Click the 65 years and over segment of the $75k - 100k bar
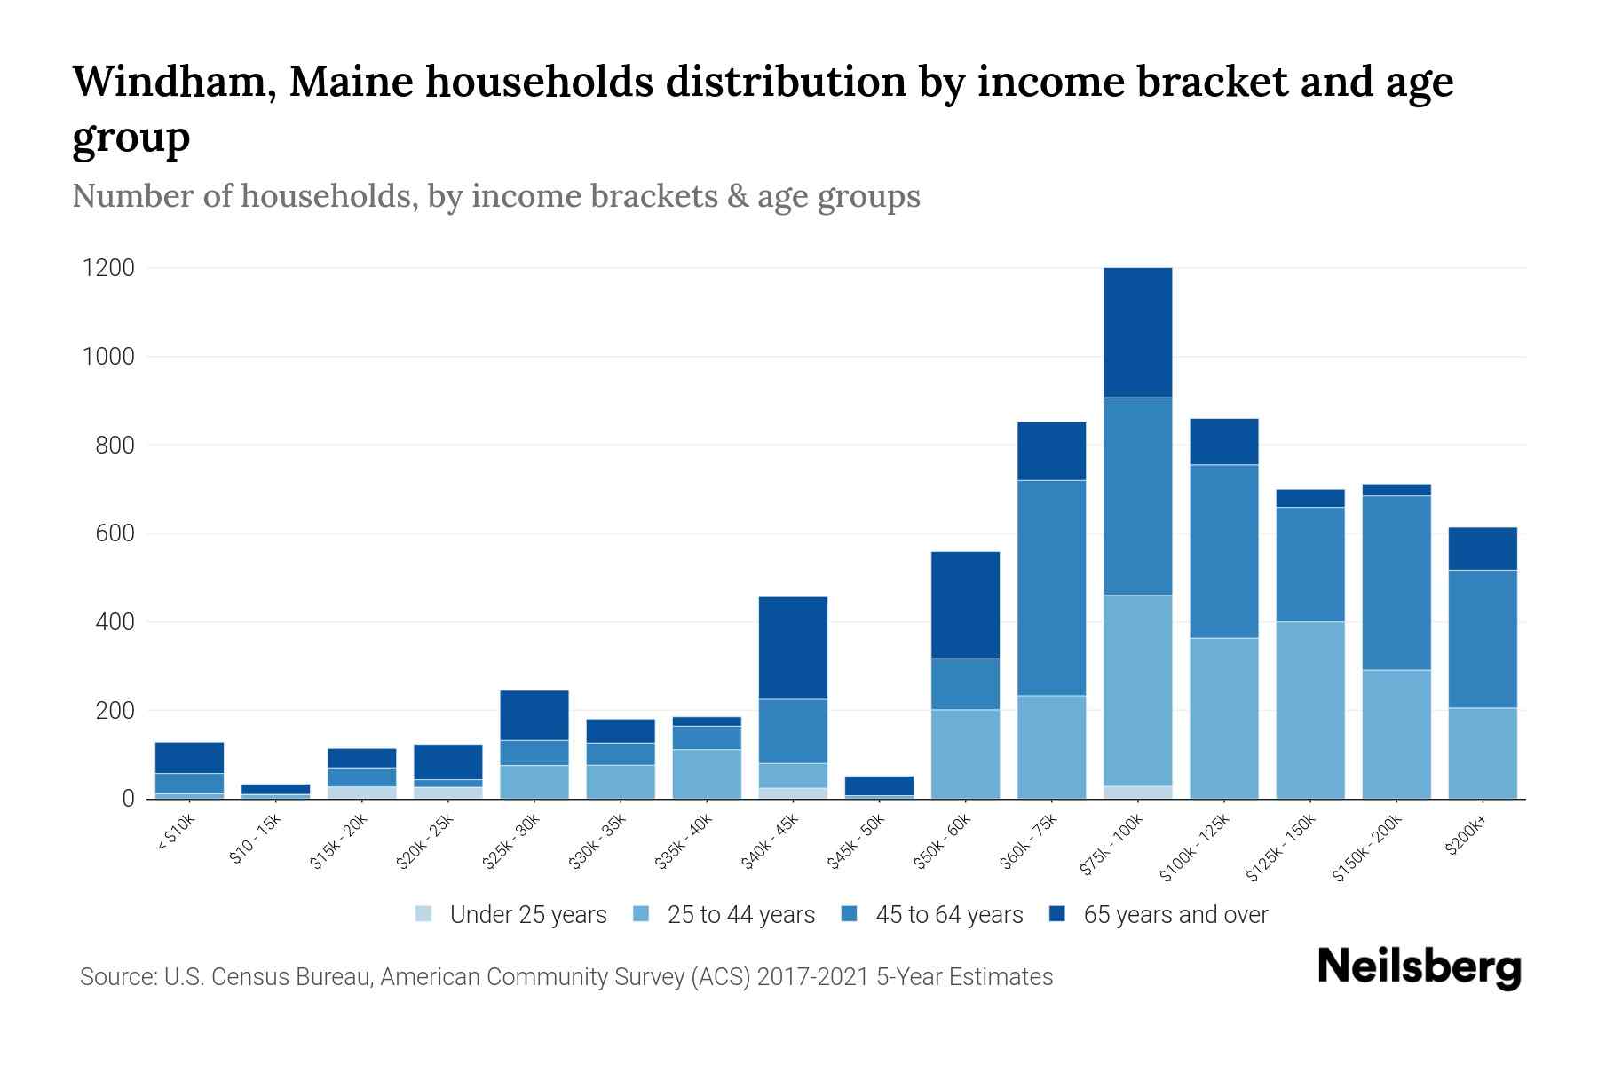(x=1137, y=332)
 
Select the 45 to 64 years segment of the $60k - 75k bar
(x=1051, y=588)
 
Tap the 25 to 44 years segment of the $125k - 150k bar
(x=1310, y=710)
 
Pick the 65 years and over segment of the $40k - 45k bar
(x=793, y=648)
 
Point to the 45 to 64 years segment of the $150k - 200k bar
(x=1396, y=582)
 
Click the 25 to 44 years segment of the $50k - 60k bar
(x=965, y=754)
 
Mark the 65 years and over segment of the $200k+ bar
(x=1483, y=548)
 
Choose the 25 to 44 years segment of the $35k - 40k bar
(x=707, y=774)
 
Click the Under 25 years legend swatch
(x=424, y=914)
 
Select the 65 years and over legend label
(x=1175, y=915)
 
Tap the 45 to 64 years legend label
(x=949, y=915)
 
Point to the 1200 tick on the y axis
(x=108, y=268)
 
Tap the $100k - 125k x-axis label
(x=1195, y=848)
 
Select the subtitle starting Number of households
(x=496, y=196)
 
